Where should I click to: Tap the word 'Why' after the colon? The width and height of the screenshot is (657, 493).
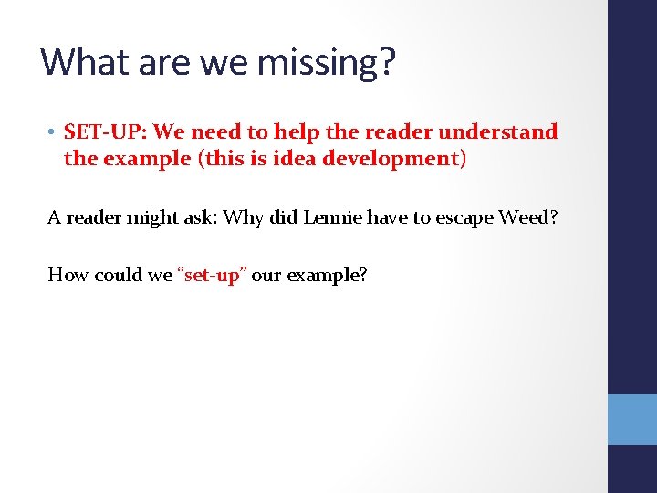(243, 217)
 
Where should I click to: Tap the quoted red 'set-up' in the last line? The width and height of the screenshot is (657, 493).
(211, 275)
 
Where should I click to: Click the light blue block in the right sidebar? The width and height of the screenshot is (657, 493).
(632, 419)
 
